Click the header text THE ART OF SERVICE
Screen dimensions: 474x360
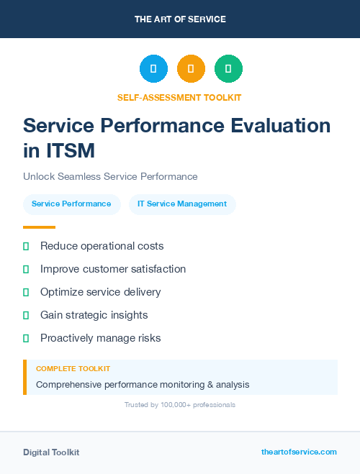(x=180, y=19)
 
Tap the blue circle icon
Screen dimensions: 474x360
(x=153, y=69)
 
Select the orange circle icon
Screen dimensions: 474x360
(x=191, y=69)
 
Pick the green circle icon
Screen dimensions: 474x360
(x=228, y=69)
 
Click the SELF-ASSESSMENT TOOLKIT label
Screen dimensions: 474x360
(x=179, y=97)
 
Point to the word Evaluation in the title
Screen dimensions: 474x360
(x=276, y=125)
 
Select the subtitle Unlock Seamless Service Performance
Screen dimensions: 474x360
(x=110, y=176)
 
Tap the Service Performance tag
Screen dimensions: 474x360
(x=71, y=204)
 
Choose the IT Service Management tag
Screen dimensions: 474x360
(x=182, y=204)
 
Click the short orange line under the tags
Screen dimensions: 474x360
(x=39, y=227)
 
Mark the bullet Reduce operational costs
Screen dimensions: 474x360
(x=102, y=246)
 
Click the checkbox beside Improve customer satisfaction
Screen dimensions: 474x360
(x=26, y=269)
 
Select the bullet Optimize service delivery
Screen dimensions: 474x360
(x=100, y=292)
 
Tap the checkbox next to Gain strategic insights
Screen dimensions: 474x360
(x=26, y=315)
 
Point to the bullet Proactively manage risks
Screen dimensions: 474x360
(x=100, y=338)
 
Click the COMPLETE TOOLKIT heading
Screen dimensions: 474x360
(x=73, y=368)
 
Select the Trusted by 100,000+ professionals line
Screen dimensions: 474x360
(x=179, y=405)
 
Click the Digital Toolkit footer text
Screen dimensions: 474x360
(x=51, y=452)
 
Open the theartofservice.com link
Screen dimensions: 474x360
(x=299, y=452)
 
